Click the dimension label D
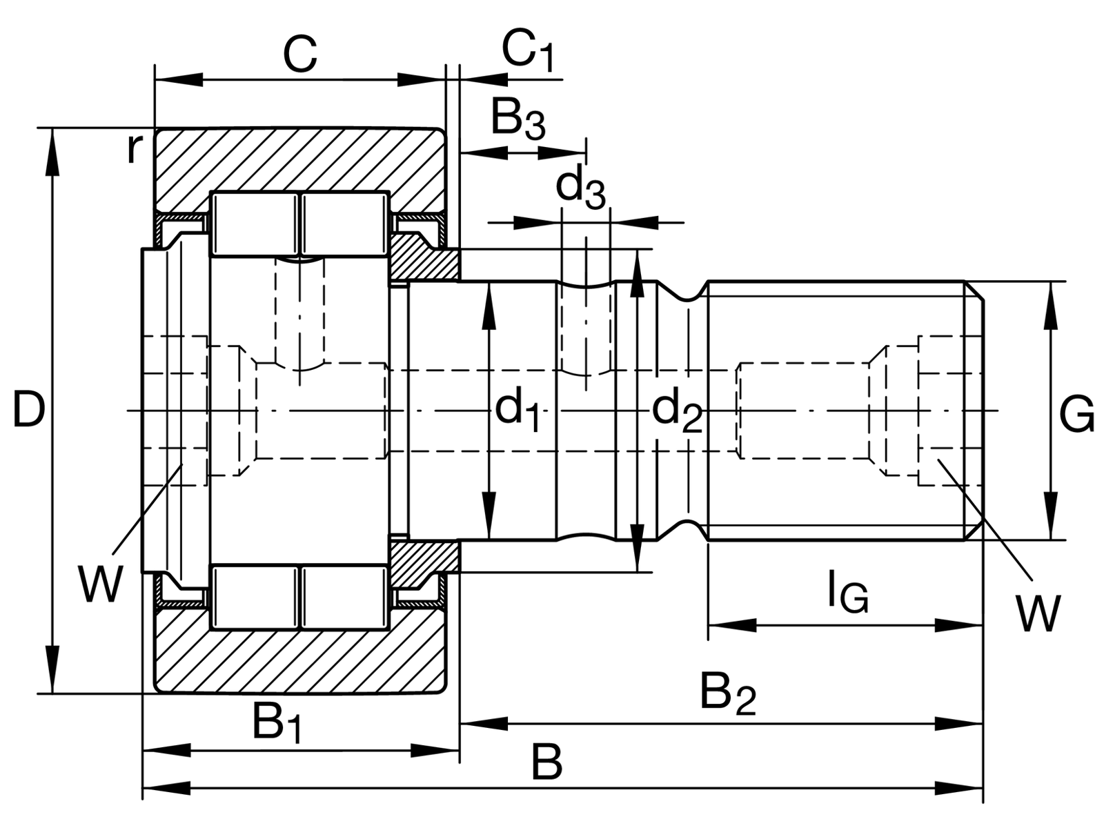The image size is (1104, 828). (x=29, y=410)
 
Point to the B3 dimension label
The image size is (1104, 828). (x=517, y=119)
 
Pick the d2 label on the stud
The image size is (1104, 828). (x=676, y=409)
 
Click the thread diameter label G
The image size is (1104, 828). (x=1076, y=413)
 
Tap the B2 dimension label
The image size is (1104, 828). (x=728, y=696)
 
